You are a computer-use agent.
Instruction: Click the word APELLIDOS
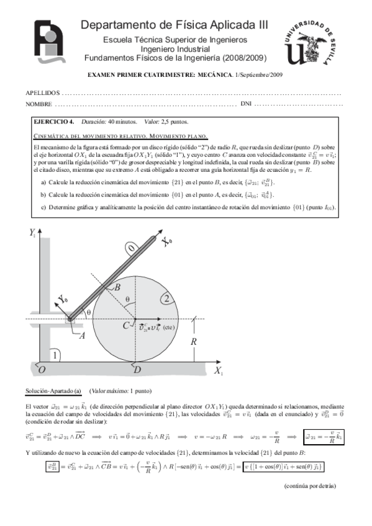click(x=42, y=92)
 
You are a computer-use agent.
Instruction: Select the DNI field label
click(x=246, y=104)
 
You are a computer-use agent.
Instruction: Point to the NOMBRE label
click(x=39, y=104)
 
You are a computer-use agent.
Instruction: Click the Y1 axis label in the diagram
click(x=32, y=233)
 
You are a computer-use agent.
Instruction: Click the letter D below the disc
click(x=136, y=370)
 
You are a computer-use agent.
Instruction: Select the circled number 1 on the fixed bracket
click(x=56, y=355)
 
